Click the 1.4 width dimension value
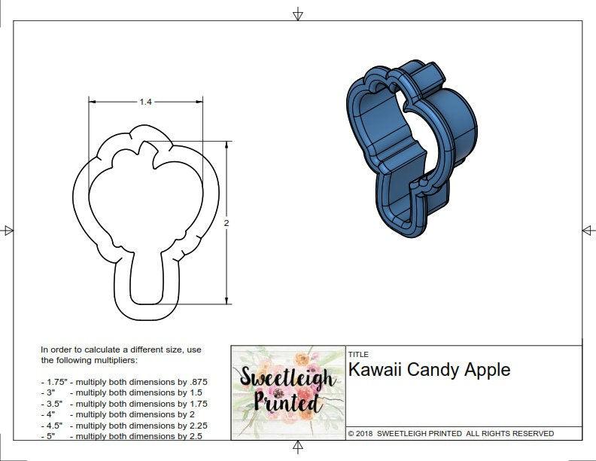click(x=145, y=102)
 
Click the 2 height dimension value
click(x=226, y=223)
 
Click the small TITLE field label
click(x=357, y=354)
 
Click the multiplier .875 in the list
click(x=197, y=382)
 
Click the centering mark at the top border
click(x=298, y=14)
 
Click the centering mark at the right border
click(x=588, y=230)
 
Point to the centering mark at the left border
click(x=8, y=230)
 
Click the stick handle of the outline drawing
click(x=147, y=282)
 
